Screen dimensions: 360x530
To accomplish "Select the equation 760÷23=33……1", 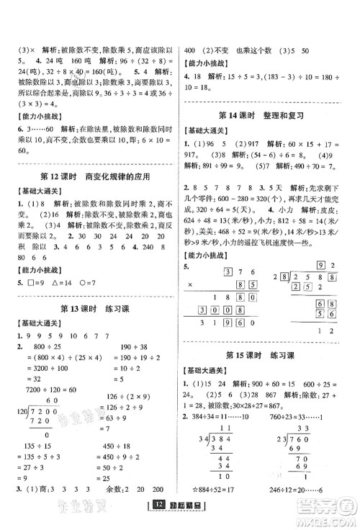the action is pyautogui.click(x=302, y=398).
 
